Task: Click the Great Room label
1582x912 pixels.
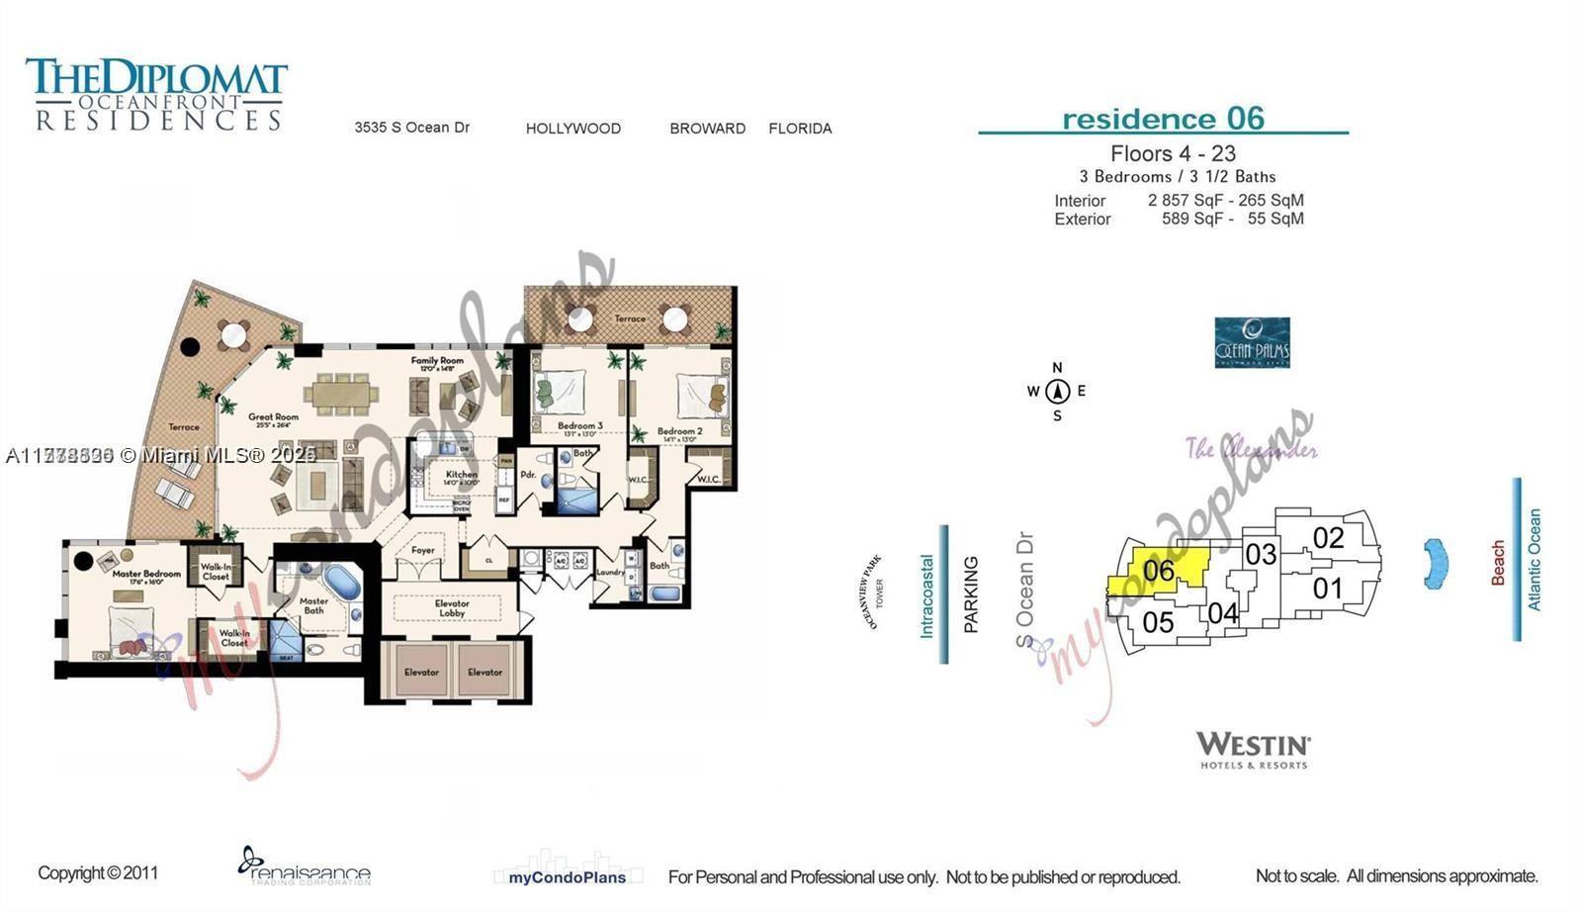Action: [273, 417]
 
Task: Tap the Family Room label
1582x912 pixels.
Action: [437, 361]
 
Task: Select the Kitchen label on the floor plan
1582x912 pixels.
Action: [461, 475]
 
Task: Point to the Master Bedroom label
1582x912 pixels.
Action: [146, 574]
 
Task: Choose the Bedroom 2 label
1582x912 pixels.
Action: [679, 431]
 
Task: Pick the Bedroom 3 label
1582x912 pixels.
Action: [580, 425]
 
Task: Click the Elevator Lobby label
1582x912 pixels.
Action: [452, 607]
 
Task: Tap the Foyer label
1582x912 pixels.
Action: [423, 550]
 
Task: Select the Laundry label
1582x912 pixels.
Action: [610, 572]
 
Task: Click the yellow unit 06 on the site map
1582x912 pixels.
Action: [1159, 571]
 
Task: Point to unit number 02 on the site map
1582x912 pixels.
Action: [1328, 538]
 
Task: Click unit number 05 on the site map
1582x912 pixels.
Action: [1158, 622]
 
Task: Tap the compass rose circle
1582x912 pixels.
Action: [1057, 391]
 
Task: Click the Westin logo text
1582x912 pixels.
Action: [1253, 744]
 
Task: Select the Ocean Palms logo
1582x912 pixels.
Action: [1252, 342]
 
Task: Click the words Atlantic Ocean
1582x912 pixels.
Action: [1535, 559]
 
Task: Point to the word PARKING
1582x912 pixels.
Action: [971, 593]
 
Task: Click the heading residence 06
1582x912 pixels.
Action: [1163, 119]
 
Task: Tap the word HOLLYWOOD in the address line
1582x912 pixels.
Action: [573, 129]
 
